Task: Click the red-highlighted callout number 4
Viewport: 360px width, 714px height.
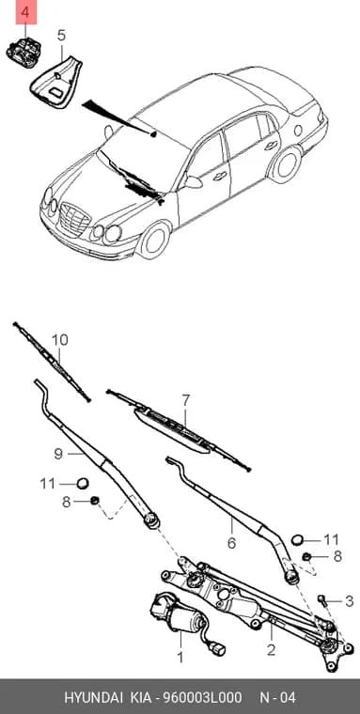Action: (x=25, y=13)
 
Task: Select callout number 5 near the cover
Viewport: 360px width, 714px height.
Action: (x=61, y=35)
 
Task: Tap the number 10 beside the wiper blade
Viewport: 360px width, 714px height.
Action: (x=59, y=340)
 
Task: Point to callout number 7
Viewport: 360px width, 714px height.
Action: (x=185, y=400)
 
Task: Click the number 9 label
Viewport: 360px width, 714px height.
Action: (x=58, y=454)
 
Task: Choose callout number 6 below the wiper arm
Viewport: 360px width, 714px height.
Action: (x=231, y=543)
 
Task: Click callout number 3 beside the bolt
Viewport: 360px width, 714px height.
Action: (x=349, y=601)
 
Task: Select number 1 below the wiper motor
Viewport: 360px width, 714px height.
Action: (x=180, y=657)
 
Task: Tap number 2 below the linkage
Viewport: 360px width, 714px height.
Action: (x=271, y=650)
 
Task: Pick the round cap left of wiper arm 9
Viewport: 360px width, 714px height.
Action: (x=82, y=483)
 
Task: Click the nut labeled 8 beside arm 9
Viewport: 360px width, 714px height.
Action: (x=95, y=501)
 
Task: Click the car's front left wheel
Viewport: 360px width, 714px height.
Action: (x=155, y=240)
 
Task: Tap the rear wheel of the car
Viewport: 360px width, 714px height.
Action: (x=285, y=163)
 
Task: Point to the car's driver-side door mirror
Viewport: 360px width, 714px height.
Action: (x=193, y=181)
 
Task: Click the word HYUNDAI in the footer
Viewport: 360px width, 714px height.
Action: (x=92, y=698)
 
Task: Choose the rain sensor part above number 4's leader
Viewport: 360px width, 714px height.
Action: (x=23, y=53)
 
